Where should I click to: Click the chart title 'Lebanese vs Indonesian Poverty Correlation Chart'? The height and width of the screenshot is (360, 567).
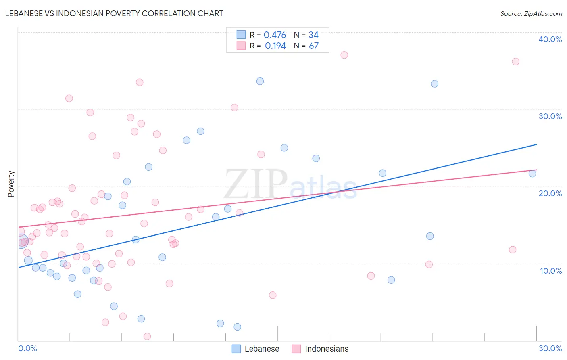(114, 13)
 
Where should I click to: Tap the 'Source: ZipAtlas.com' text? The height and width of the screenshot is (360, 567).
(531, 13)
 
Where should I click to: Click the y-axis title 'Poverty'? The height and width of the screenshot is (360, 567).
(11, 184)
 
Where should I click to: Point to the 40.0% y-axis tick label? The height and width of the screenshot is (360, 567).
(550, 39)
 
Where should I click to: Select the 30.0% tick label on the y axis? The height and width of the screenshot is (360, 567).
(550, 116)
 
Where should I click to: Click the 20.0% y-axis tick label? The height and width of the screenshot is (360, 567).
(550, 193)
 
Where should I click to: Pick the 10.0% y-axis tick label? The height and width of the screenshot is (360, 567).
(550, 271)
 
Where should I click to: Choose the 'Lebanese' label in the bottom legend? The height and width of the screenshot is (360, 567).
(262, 349)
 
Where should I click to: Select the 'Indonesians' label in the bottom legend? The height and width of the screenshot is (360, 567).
(327, 349)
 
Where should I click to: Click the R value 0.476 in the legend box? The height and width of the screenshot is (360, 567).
(275, 35)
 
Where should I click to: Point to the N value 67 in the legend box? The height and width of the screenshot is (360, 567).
(314, 46)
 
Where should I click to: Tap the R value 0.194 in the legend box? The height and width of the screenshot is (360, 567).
(275, 46)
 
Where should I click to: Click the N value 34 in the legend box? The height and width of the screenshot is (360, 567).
(313, 35)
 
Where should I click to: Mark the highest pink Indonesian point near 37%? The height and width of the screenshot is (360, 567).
(344, 55)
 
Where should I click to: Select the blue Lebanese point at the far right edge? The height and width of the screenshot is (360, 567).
(532, 174)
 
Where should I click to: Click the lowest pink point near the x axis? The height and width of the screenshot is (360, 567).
(147, 337)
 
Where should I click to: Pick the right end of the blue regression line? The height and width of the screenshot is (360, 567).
(536, 144)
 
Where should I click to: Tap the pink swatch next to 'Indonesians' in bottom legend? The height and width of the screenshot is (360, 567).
(296, 349)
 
